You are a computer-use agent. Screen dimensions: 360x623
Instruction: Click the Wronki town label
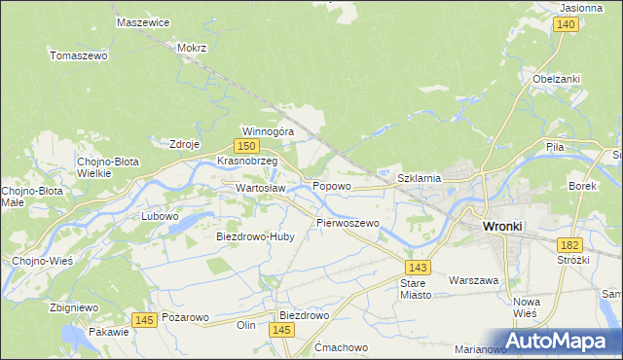pos(502,227)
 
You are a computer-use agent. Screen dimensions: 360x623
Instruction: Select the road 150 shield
pos(248,145)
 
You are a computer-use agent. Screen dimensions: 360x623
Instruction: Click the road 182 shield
pos(568,247)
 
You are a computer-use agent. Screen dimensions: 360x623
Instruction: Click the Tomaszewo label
pos(78,55)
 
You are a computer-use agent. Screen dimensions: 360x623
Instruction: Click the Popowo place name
pos(331,185)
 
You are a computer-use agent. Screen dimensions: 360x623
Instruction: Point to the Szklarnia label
pos(421,178)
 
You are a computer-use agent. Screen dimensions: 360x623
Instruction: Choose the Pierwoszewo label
pos(348,223)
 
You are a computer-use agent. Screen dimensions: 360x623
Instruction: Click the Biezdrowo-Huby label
pos(254,236)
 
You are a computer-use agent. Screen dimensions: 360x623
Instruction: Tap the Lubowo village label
pos(160,216)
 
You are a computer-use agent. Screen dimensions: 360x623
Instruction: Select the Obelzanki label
pos(557,79)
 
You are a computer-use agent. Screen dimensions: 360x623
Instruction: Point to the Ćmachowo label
pos(341,347)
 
